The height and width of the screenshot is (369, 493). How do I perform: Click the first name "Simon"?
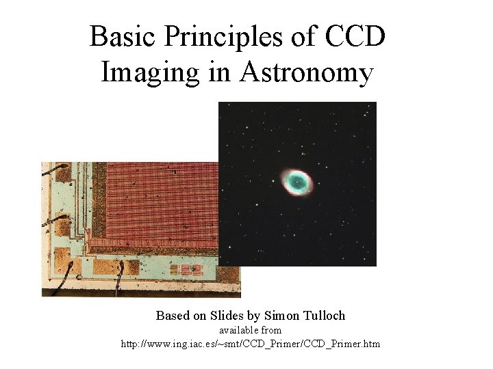pyautogui.click(x=286, y=316)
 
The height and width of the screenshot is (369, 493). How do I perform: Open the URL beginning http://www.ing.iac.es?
pyautogui.click(x=250, y=343)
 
